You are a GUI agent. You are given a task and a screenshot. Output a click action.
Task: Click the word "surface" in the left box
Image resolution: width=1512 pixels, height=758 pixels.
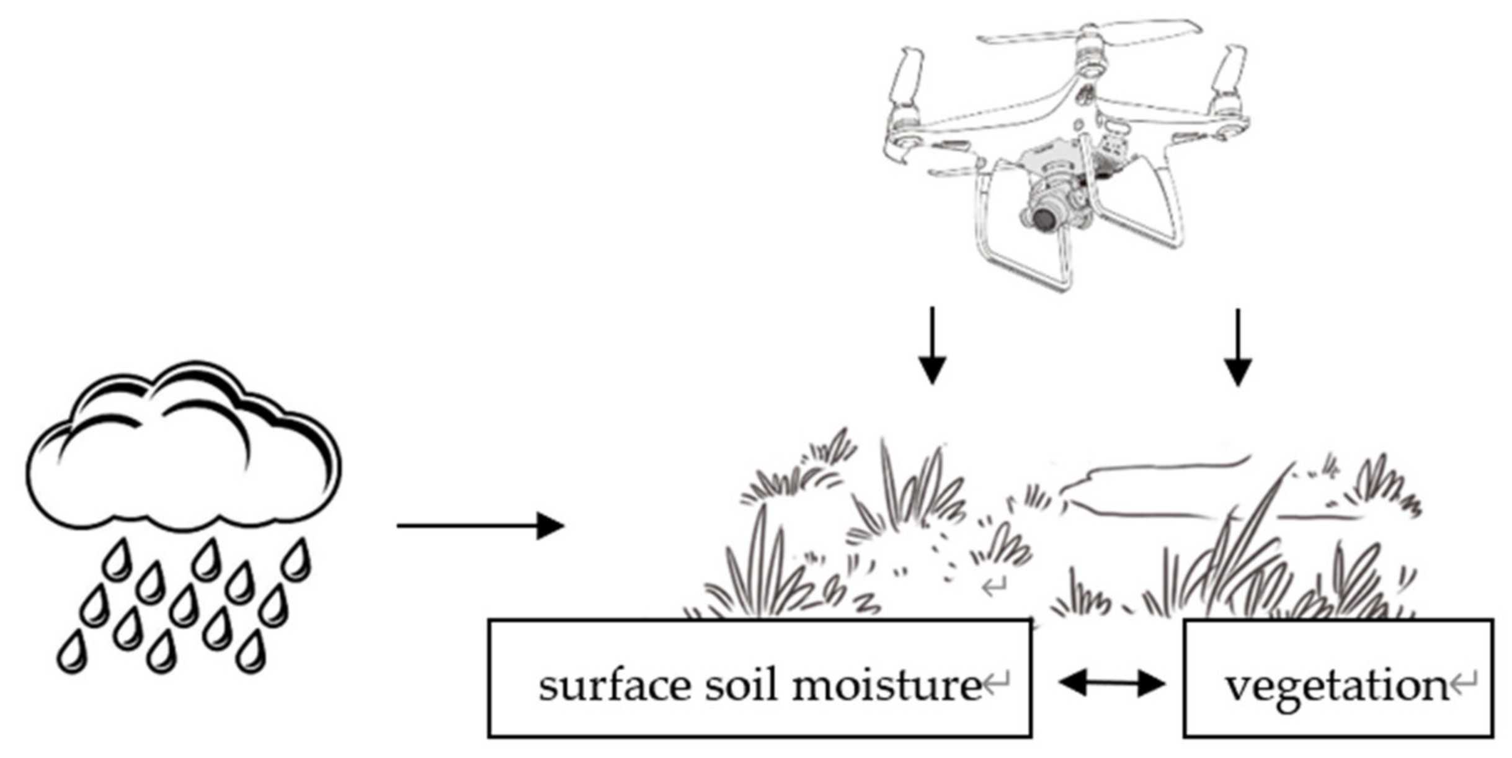click(615, 686)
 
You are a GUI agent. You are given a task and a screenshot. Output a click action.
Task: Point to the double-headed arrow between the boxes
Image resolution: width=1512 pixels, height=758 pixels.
click(1112, 684)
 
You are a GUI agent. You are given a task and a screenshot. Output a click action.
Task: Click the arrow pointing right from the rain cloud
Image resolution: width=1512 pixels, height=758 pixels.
click(480, 526)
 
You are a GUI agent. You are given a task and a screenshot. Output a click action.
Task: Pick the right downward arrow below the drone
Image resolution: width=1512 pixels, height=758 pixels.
click(1238, 347)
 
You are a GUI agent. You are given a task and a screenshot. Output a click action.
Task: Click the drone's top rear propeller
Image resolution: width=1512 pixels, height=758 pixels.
click(1089, 34)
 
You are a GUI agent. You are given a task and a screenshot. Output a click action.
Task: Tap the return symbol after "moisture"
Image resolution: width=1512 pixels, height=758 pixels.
click(997, 684)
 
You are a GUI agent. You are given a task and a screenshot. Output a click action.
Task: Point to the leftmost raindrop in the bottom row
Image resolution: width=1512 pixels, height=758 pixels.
click(72, 651)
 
